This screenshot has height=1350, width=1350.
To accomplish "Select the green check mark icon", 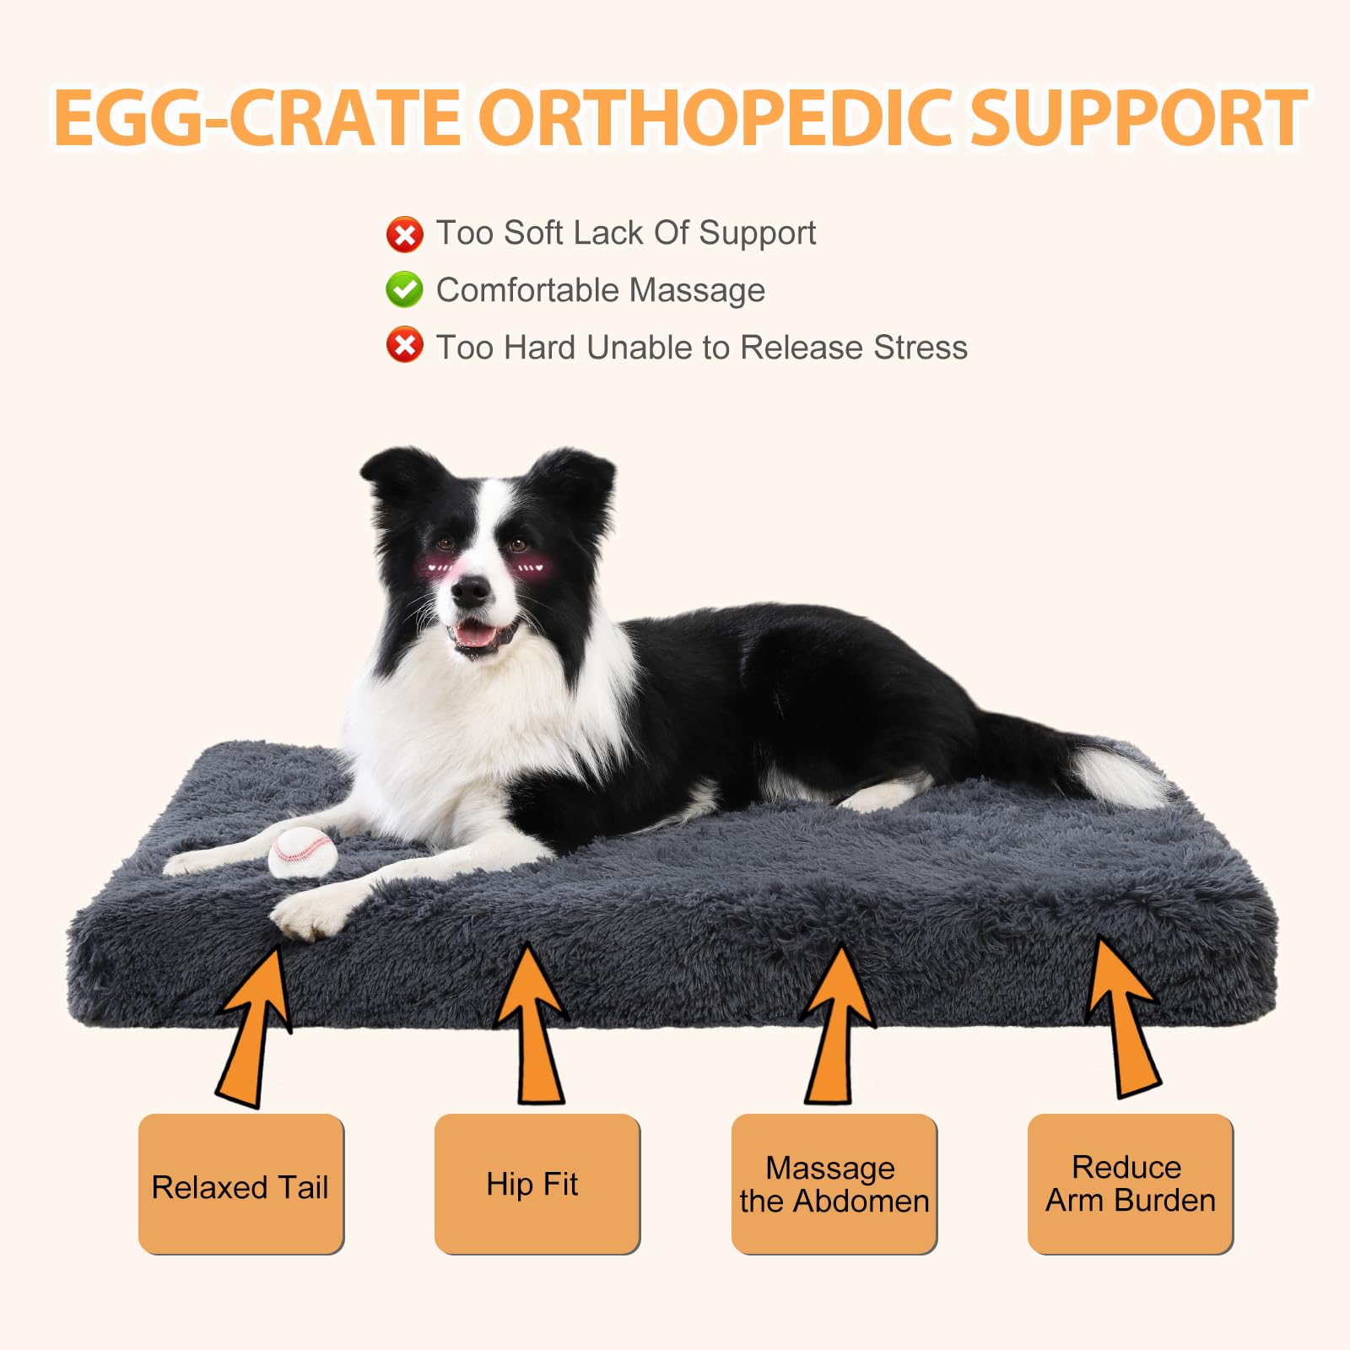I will [x=404, y=289].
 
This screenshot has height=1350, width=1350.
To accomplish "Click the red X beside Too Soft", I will [x=404, y=234].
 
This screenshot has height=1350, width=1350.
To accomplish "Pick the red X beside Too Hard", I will [x=404, y=345].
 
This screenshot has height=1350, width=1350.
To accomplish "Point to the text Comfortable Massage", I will [x=600, y=290].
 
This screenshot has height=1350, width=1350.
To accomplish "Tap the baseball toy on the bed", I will [x=303, y=851].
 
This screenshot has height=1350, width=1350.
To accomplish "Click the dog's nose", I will [x=469, y=592].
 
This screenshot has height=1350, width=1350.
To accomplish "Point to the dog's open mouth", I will [x=478, y=634].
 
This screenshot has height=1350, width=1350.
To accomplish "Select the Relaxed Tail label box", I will [x=240, y=1184].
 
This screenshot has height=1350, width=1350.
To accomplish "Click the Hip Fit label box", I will [x=537, y=1184].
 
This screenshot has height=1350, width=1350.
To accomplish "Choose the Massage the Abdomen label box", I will [x=834, y=1184].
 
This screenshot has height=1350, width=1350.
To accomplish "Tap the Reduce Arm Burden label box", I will [x=1130, y=1184].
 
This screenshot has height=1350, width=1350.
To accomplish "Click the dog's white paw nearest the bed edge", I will [x=308, y=915].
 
